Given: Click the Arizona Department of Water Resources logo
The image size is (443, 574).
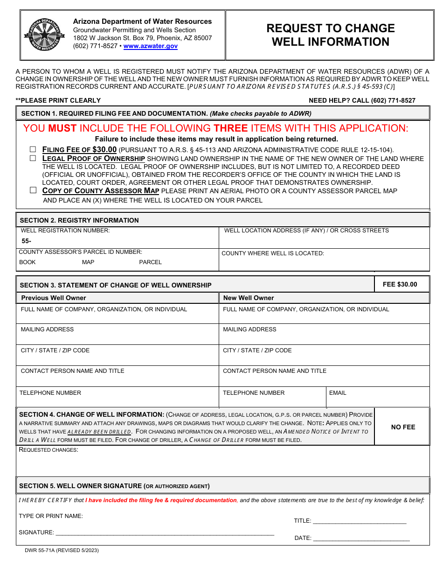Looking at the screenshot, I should coord(44,35).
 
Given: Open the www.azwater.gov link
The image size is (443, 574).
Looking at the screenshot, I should coord(150,46).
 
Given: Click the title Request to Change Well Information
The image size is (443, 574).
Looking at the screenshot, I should coord(330,35).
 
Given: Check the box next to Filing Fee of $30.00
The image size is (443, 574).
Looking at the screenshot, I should coord(33,149).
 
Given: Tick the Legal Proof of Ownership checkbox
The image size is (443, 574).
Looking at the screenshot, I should coord(33,158).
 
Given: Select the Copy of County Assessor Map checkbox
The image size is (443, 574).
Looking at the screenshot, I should coord(33,190).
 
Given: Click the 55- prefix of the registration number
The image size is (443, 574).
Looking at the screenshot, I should coord(26,241).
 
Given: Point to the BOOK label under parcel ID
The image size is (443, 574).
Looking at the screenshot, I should coord(28,262).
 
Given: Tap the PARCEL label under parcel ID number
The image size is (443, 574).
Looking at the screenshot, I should coord(150,262).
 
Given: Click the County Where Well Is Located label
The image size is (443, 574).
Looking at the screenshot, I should coord(273,253).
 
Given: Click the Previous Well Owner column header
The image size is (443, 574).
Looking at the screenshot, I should coord(54,298).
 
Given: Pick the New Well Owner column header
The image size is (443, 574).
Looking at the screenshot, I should coord(249,298).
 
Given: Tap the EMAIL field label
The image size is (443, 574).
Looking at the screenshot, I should coord(338,393).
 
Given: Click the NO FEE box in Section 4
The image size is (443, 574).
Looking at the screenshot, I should coord(403,427).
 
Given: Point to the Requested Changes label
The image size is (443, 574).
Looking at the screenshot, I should coord(48,450).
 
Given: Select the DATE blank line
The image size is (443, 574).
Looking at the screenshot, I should coord(361,538).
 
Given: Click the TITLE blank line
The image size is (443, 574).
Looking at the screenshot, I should coord(359,521).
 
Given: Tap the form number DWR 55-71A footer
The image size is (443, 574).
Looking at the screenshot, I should coord(62,550).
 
